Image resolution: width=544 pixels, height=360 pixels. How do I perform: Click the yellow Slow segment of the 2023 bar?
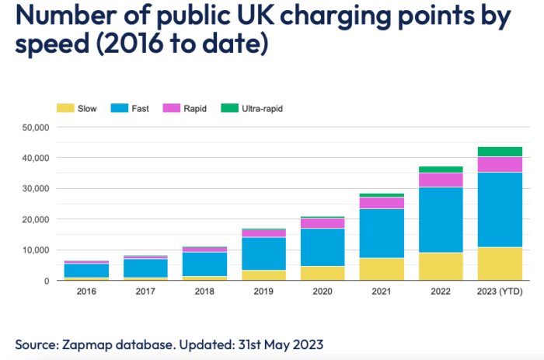[499, 264]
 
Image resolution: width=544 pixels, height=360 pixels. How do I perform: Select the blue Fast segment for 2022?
[440, 220]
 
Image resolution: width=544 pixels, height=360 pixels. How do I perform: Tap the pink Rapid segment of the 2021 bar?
[381, 203]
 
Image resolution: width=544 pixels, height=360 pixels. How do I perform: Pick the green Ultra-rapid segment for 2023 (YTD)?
[499, 152]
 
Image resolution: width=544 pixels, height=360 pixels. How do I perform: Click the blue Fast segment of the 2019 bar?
[263, 253]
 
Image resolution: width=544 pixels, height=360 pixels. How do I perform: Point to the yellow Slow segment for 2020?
[322, 273]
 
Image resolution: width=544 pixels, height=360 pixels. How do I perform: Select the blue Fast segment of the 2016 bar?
[85, 270]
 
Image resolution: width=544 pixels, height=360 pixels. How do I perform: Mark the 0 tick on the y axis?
[46, 281]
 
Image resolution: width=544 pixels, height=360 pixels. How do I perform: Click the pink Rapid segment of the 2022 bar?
[440, 180]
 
